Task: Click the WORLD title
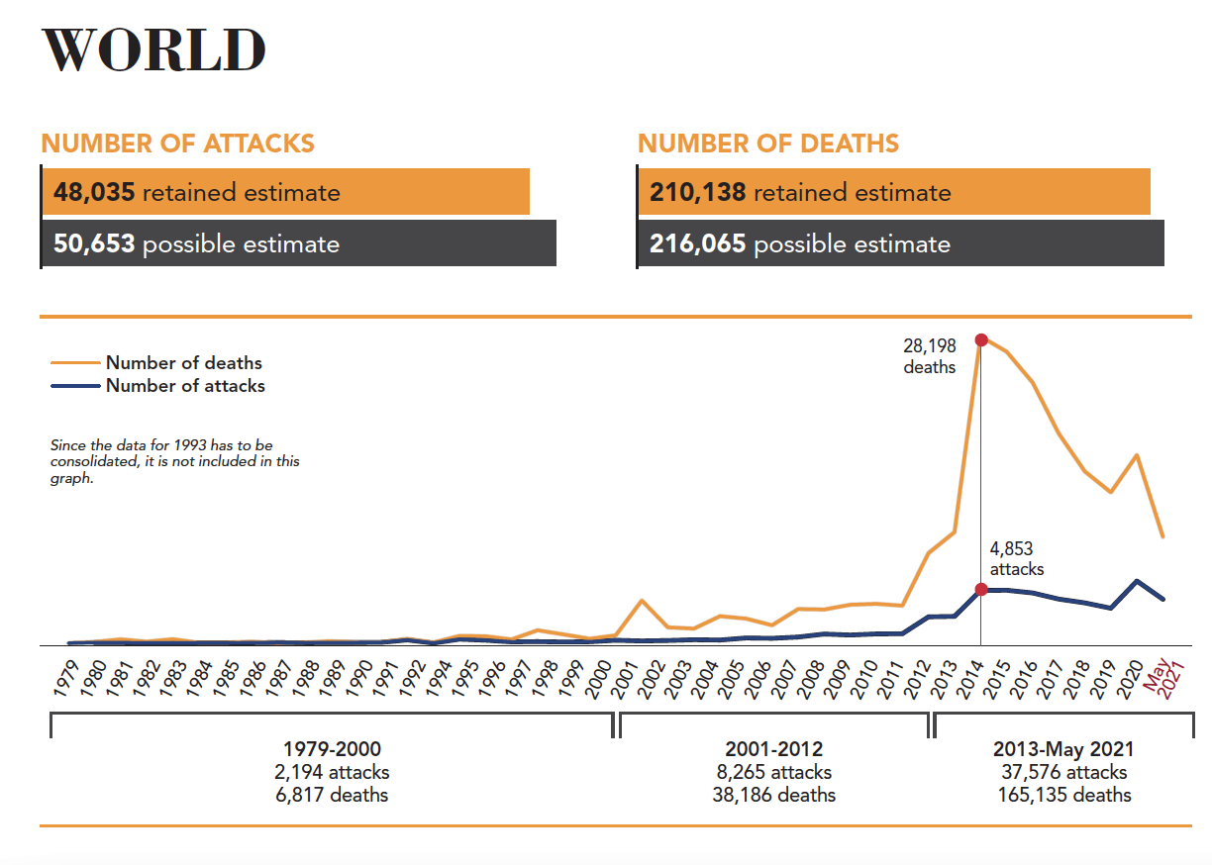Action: pos(153,49)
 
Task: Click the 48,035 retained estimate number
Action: pos(94,192)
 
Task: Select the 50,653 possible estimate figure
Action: pos(94,243)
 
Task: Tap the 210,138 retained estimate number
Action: pos(697,192)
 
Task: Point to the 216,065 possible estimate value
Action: pos(697,243)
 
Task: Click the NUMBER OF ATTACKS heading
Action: pos(177,144)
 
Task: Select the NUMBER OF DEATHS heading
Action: pos(768,144)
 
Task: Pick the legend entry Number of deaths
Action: pos(183,363)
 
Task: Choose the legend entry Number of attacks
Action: pos(185,386)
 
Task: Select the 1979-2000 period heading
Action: pos(332,749)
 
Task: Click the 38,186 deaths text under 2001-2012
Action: pos(773,795)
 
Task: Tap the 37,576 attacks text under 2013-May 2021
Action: pos(1063,772)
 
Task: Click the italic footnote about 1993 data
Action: pos(174,462)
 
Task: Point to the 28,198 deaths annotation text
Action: pos(929,356)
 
